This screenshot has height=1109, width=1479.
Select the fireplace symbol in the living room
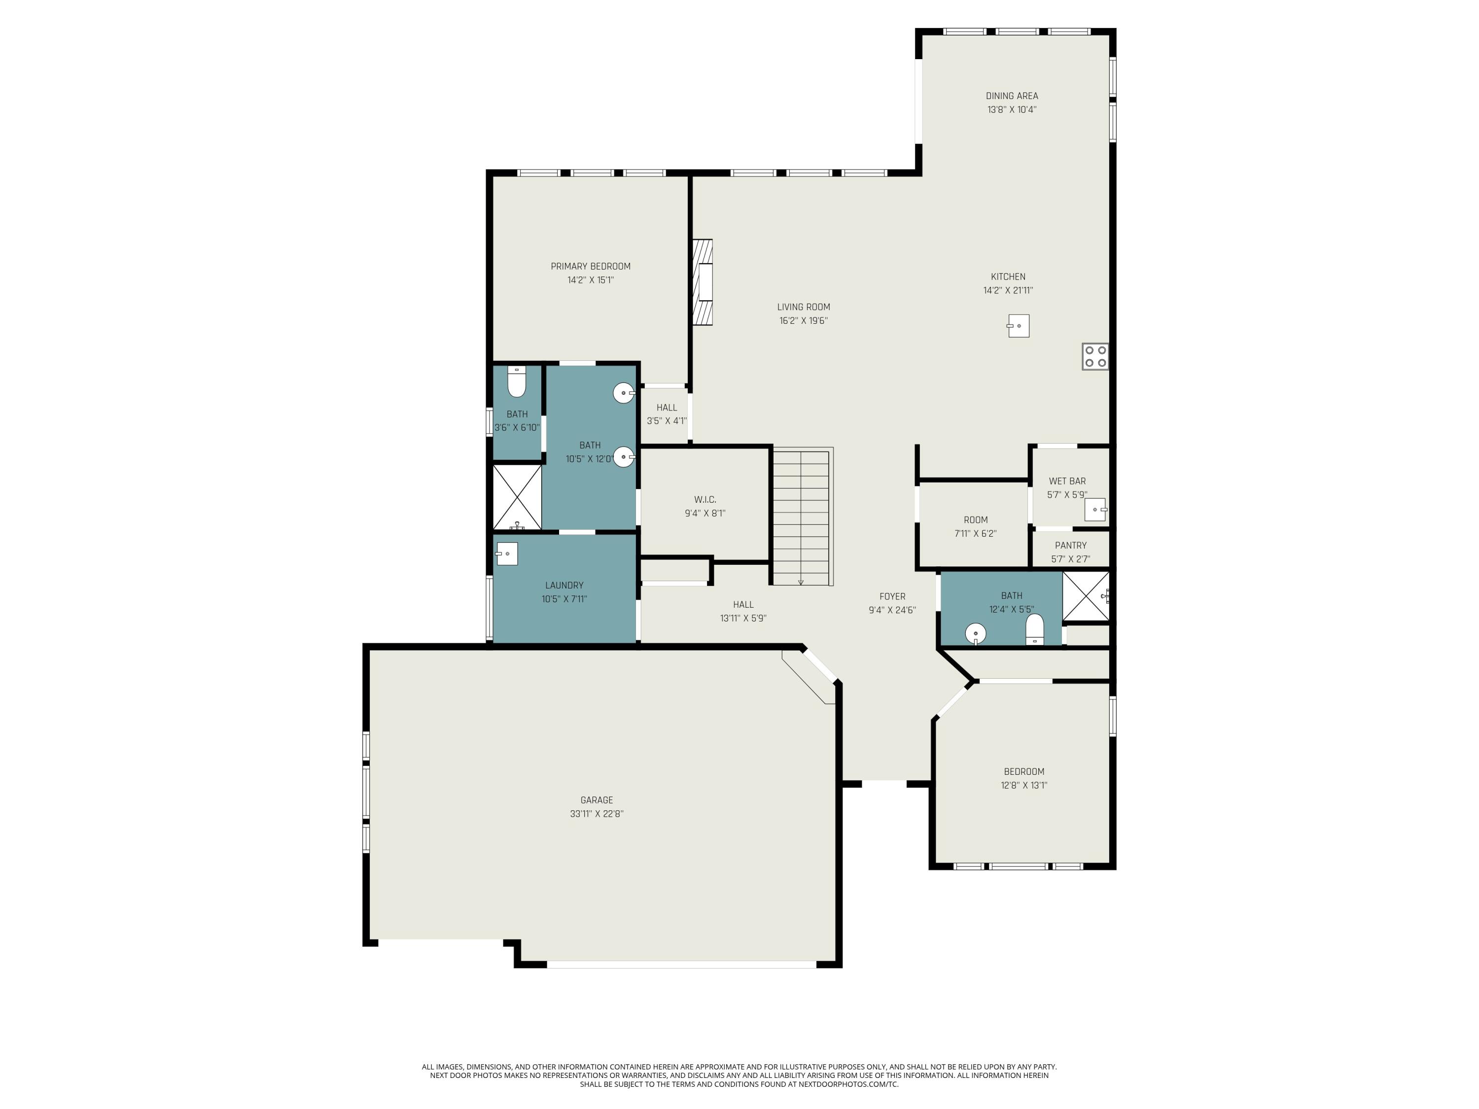coord(703,282)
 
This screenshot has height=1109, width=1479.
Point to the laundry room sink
coord(507,554)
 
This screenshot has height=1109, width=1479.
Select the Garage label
coord(597,800)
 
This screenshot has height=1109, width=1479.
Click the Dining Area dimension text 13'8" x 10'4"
coord(1012,109)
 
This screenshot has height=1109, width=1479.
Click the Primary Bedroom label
coord(591,266)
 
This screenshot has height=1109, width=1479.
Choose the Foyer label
coord(892,596)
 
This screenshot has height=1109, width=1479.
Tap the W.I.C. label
coord(704,499)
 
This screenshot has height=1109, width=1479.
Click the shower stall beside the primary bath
coord(517,497)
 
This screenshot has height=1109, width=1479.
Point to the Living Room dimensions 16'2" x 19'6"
coord(803,321)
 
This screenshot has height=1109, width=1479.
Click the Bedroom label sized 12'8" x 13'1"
coord(1023,771)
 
